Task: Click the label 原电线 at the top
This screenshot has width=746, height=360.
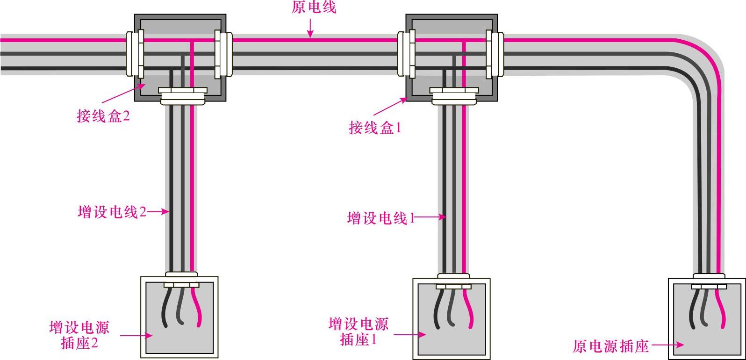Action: tap(313, 7)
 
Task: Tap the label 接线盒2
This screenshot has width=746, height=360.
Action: tap(103, 115)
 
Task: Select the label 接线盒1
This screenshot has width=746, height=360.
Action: tap(375, 127)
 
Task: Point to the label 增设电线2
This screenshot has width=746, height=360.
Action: tap(112, 212)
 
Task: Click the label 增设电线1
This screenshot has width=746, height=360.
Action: tap(381, 218)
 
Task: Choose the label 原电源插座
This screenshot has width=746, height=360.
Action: tap(610, 346)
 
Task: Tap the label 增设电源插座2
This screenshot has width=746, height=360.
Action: tap(79, 335)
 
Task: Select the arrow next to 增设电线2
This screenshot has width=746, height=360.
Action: tap(159, 211)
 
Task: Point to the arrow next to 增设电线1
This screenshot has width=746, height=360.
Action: tap(430, 217)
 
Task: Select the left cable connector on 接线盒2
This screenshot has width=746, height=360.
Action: tap(134, 54)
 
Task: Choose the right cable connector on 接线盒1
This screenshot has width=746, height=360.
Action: tap(495, 54)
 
